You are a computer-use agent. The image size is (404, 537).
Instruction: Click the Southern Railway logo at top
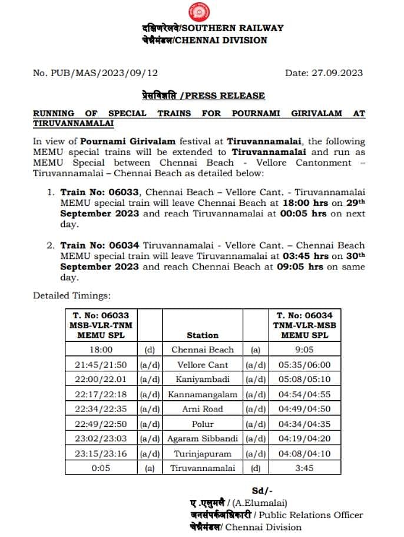point(198,12)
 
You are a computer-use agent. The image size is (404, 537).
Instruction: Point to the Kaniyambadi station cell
point(203,379)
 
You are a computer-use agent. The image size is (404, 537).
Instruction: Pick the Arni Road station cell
point(203,409)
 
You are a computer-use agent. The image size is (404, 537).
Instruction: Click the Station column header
point(203,335)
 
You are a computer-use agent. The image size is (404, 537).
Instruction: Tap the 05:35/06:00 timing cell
point(304,364)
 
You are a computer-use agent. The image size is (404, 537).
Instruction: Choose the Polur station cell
point(203,424)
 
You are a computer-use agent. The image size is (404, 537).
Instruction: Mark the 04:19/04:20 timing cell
point(304,439)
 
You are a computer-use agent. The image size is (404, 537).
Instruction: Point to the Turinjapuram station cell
point(203,454)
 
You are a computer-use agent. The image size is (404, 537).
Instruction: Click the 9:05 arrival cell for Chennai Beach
point(304,350)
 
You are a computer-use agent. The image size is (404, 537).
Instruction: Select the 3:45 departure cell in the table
point(304,468)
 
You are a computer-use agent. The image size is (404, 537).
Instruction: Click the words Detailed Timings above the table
point(72,295)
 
